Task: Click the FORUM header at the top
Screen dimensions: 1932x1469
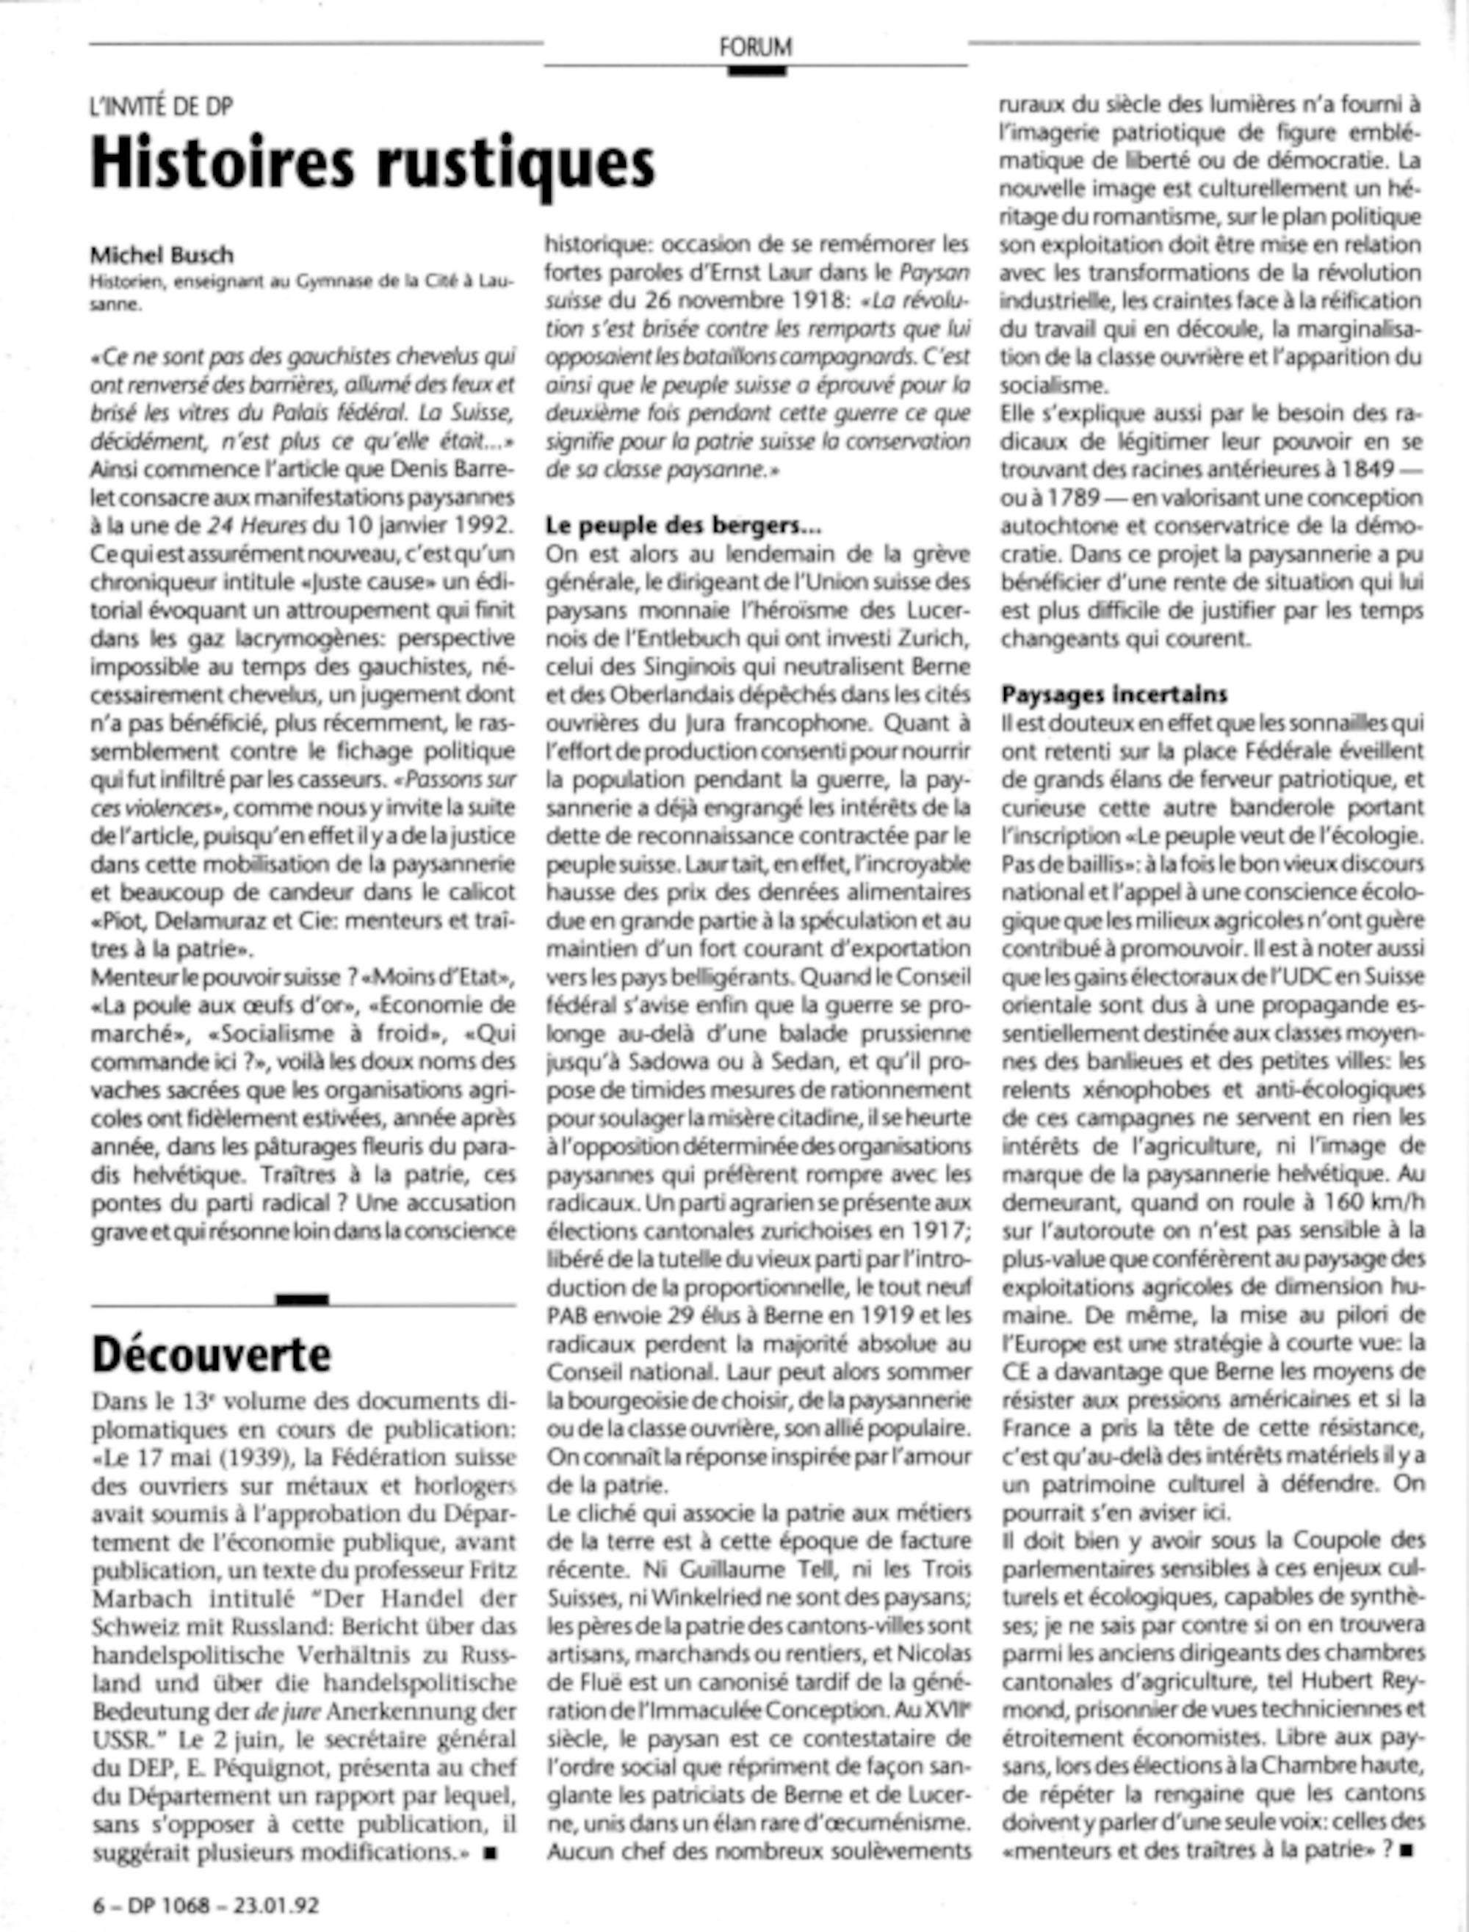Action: tap(756, 46)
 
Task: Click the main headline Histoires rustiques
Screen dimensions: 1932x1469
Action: tap(373, 164)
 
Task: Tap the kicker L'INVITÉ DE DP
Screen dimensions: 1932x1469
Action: tap(162, 106)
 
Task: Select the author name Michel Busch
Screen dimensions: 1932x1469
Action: tap(162, 256)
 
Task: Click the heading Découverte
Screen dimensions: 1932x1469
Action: tap(212, 1354)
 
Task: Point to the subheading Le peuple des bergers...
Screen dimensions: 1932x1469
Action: tap(683, 525)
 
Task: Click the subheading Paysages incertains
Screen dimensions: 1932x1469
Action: tap(1114, 694)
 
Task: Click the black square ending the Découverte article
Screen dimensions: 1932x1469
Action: tap(490, 1851)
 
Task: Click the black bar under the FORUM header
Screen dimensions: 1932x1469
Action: tap(757, 70)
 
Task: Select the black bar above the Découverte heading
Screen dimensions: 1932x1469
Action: tap(302, 1299)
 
